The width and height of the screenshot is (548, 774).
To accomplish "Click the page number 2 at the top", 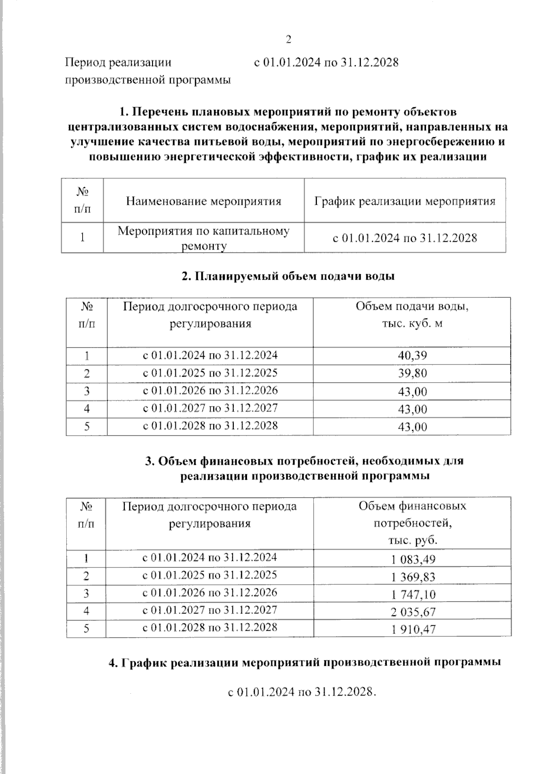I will [288, 40].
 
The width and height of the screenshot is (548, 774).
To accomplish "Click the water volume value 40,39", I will [412, 356].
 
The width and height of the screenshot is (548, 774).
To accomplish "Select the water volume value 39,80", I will [412, 374].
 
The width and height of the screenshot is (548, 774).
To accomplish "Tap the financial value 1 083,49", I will [413, 559].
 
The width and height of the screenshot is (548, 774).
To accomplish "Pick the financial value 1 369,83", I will [413, 577].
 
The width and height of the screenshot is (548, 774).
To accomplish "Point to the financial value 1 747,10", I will [413, 594].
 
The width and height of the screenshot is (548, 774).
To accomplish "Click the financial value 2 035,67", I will [413, 612].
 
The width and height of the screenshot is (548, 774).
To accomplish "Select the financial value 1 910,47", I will [413, 629].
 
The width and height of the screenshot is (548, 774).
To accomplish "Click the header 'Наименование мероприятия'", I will [204, 201].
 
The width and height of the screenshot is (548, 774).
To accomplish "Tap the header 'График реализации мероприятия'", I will [405, 201].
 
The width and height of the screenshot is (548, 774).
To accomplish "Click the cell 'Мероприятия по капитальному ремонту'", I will [204, 238].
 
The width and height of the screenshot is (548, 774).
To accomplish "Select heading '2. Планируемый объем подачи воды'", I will [288, 276].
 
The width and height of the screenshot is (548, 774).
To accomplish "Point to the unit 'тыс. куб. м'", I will [412, 323].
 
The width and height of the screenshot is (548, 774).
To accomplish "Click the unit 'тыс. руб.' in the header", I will [412, 540].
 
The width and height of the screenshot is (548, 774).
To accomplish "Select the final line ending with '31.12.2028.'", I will [301, 692].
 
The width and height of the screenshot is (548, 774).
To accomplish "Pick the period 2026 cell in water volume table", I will [210, 390].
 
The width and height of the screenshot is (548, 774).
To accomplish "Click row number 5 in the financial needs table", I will [86, 629].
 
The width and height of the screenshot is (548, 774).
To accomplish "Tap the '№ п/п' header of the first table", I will [82, 200].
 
